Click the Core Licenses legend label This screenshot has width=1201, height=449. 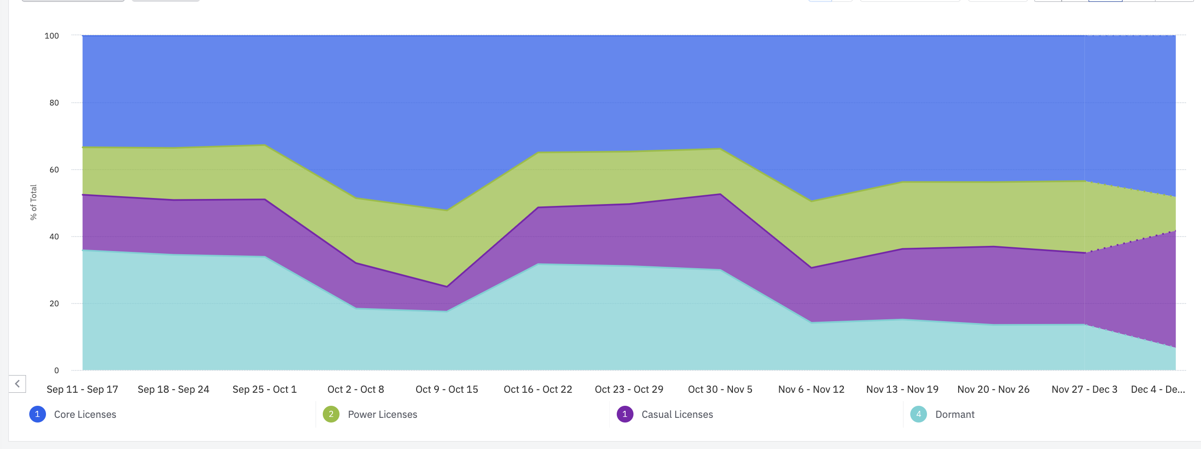[x=85, y=415]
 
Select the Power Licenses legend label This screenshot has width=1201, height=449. [x=382, y=415]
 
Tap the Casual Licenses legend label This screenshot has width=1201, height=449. [x=677, y=415]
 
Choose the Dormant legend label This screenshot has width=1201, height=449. [x=955, y=415]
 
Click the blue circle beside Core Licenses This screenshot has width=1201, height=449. [x=37, y=415]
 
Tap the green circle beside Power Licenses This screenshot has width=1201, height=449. [x=331, y=415]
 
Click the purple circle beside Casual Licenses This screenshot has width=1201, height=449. [x=625, y=415]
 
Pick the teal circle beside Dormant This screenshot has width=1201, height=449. [x=919, y=415]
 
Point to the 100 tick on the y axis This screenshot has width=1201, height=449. [x=52, y=36]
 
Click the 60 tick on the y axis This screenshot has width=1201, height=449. [x=54, y=170]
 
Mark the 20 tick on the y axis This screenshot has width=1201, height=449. [x=54, y=304]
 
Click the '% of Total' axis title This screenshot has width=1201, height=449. [x=33, y=202]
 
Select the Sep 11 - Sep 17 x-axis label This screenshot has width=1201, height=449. [x=83, y=390]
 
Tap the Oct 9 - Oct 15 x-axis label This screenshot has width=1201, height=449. [x=447, y=390]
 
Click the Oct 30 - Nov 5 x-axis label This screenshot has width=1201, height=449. [x=720, y=390]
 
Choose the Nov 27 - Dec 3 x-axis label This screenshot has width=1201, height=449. [x=1084, y=390]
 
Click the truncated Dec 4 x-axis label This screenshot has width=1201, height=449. [x=1158, y=390]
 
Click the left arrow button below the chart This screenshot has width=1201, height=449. [x=17, y=384]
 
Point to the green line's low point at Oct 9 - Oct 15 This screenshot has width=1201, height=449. [x=447, y=210]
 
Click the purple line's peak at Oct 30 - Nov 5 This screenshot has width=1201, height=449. [x=720, y=194]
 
